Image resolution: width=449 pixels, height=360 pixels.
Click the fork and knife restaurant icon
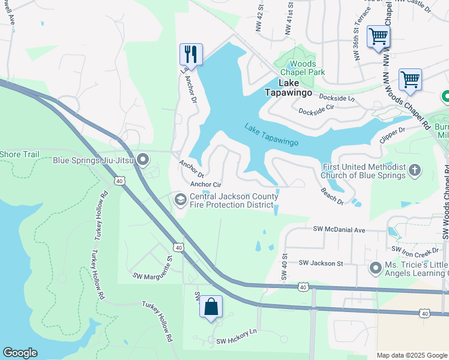click(x=191, y=54)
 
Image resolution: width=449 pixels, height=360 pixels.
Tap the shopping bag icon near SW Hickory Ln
click(x=211, y=307)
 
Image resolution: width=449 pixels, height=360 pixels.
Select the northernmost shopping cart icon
click(x=378, y=37)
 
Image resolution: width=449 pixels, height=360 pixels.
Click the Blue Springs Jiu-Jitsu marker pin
click(x=143, y=160)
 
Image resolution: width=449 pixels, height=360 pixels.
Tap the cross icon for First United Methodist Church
click(x=414, y=171)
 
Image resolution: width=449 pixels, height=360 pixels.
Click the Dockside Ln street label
click(x=337, y=97)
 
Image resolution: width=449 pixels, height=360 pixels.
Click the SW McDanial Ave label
click(x=339, y=230)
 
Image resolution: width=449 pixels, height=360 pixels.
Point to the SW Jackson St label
click(x=321, y=263)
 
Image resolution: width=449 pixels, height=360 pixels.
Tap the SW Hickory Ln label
click(x=237, y=331)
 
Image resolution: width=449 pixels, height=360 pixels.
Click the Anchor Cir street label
click(x=206, y=185)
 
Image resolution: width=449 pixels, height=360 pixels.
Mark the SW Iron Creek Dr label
click(x=419, y=250)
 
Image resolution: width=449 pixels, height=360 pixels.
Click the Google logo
click(x=20, y=353)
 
